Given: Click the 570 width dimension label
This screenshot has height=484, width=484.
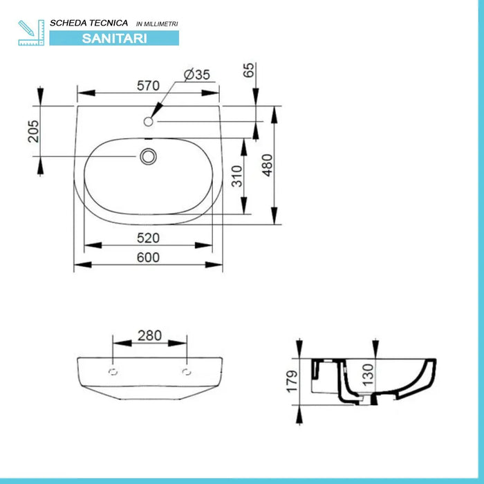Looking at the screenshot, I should pyautogui.click(x=148, y=86).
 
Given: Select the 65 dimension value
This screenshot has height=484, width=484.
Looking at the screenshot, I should pyautogui.click(x=250, y=70).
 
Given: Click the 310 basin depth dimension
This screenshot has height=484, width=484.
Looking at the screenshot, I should pyautogui.click(x=236, y=176).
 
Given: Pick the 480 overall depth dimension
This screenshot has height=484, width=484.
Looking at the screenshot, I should pyautogui.click(x=268, y=165).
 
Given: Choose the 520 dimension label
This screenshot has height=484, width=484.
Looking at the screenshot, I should pyautogui.click(x=148, y=238).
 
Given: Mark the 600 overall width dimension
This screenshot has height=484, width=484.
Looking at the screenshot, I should pyautogui.click(x=148, y=257).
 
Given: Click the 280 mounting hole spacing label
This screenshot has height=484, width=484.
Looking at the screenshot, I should pyautogui.click(x=149, y=335).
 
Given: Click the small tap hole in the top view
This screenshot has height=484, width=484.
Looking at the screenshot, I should pyautogui.click(x=148, y=122).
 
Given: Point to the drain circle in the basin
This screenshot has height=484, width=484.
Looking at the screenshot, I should pyautogui.click(x=147, y=157).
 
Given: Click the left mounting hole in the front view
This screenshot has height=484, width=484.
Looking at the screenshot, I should pyautogui.click(x=113, y=373).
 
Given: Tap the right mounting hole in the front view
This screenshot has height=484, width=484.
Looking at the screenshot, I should pyautogui.click(x=186, y=373).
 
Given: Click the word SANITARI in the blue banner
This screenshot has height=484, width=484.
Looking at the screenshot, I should pyautogui.click(x=114, y=39).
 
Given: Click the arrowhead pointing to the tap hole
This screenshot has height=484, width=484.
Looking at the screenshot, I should pyautogui.click(x=156, y=111).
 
